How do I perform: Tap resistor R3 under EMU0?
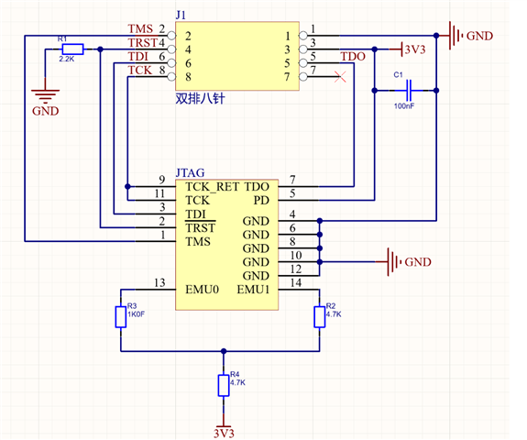click(x=120, y=316)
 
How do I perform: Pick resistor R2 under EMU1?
click(x=319, y=316)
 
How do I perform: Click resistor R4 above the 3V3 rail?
click(x=221, y=385)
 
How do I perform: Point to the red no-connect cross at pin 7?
click(x=342, y=77)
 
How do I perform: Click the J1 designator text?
click(x=181, y=16)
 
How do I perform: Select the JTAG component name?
click(x=189, y=171)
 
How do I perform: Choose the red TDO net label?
click(x=353, y=57)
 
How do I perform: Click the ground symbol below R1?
click(x=43, y=94)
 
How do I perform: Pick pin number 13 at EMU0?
click(x=161, y=282)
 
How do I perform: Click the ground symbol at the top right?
click(x=454, y=37)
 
